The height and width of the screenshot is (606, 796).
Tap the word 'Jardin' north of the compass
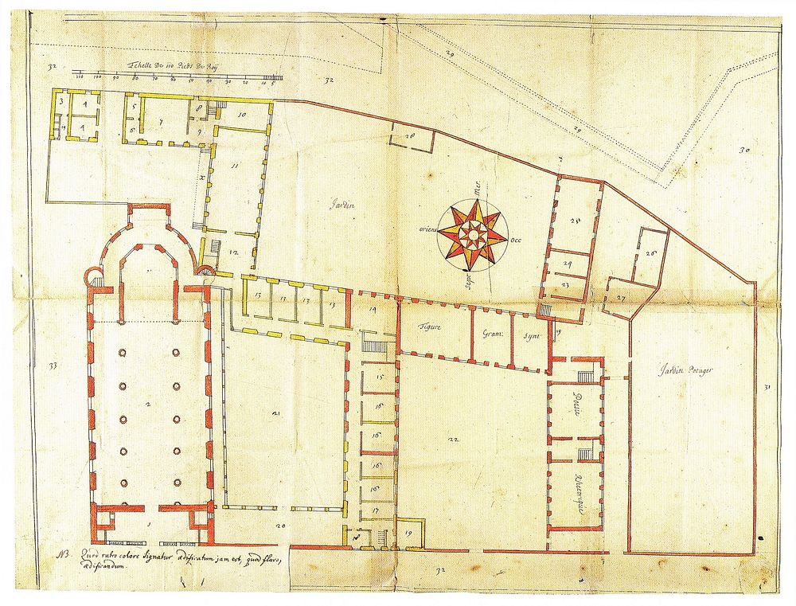343,205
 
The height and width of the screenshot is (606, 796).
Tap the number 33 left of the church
53,366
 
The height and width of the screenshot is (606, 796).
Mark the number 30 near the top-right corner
744,149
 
